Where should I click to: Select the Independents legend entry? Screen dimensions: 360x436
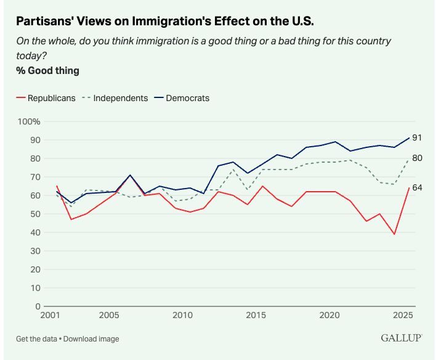tap(121, 98)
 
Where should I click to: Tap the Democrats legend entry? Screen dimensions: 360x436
tap(187, 98)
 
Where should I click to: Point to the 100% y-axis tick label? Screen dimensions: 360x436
tap(29, 121)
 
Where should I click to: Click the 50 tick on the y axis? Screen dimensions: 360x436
tap(35, 214)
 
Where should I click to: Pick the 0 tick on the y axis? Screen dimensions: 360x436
tap(38, 306)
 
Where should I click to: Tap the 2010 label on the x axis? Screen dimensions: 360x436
tap(183, 316)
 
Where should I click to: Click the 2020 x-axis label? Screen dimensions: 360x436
tap(330, 316)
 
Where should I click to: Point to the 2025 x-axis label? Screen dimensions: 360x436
tap(403, 316)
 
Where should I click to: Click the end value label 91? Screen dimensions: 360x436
tap(417, 137)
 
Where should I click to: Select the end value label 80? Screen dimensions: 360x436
tap(417, 158)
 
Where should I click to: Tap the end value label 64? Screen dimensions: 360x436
tap(417, 188)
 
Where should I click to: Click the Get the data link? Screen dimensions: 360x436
tap(36, 338)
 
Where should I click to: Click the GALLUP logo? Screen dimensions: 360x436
tap(401, 338)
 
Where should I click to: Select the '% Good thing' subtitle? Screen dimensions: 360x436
tap(48, 71)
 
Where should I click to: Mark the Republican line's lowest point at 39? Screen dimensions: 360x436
tap(394, 234)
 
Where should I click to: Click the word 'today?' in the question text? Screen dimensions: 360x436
tap(30, 56)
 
